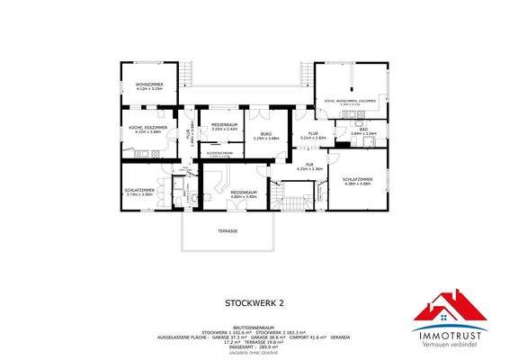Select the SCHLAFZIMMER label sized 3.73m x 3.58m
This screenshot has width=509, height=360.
point(139,191)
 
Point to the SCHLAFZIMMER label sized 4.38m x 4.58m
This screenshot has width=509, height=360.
point(357,180)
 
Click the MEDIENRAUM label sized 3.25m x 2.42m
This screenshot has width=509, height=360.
point(224,124)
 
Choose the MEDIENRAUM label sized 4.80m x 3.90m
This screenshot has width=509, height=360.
point(244,193)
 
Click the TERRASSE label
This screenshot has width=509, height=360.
point(227,231)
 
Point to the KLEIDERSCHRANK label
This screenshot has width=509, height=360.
point(219,154)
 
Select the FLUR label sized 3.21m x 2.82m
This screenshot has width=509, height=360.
point(313,134)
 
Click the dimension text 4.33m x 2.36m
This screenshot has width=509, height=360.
point(311,169)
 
